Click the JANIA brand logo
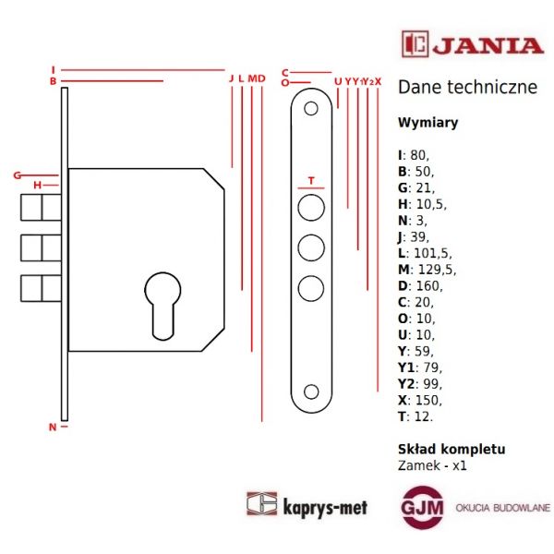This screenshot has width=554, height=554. (x=472, y=43)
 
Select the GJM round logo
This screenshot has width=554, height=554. (x=422, y=508)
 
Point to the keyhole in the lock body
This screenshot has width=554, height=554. (x=162, y=300)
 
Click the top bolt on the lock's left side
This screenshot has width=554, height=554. (x=42, y=209)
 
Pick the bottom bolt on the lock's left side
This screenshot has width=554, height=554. (x=42, y=287)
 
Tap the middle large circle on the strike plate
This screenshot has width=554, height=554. (x=311, y=247)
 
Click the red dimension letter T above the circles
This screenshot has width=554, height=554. (x=311, y=180)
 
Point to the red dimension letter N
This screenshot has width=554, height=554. (x=53, y=427)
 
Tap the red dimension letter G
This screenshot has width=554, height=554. (x=18, y=175)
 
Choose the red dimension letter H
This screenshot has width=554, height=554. (x=37, y=186)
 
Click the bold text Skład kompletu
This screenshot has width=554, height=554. (x=451, y=449)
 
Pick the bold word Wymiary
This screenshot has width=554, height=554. (x=427, y=122)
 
